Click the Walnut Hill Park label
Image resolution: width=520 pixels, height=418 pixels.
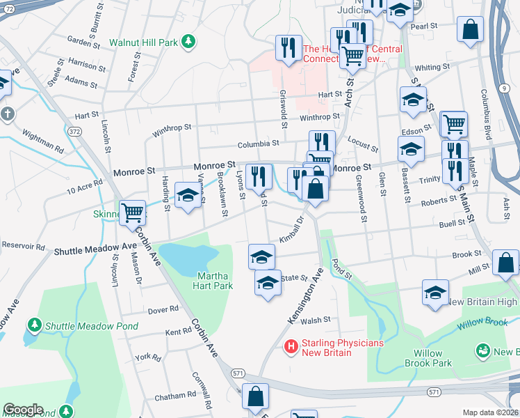(x=148, y=42)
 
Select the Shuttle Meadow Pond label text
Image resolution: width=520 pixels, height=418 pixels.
(x=91, y=325)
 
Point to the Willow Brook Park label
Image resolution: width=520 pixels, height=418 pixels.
(x=428, y=358)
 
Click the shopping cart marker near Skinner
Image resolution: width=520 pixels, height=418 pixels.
(x=132, y=212)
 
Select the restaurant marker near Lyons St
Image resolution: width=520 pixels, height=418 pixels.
(x=259, y=177)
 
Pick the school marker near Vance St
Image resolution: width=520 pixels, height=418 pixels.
(x=187, y=197)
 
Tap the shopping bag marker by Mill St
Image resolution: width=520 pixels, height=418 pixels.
(x=506, y=263)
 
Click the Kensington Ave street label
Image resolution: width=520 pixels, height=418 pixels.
(x=306, y=295)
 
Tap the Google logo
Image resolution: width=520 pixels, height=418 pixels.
(x=23, y=410)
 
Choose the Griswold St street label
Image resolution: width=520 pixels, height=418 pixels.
(x=284, y=111)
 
